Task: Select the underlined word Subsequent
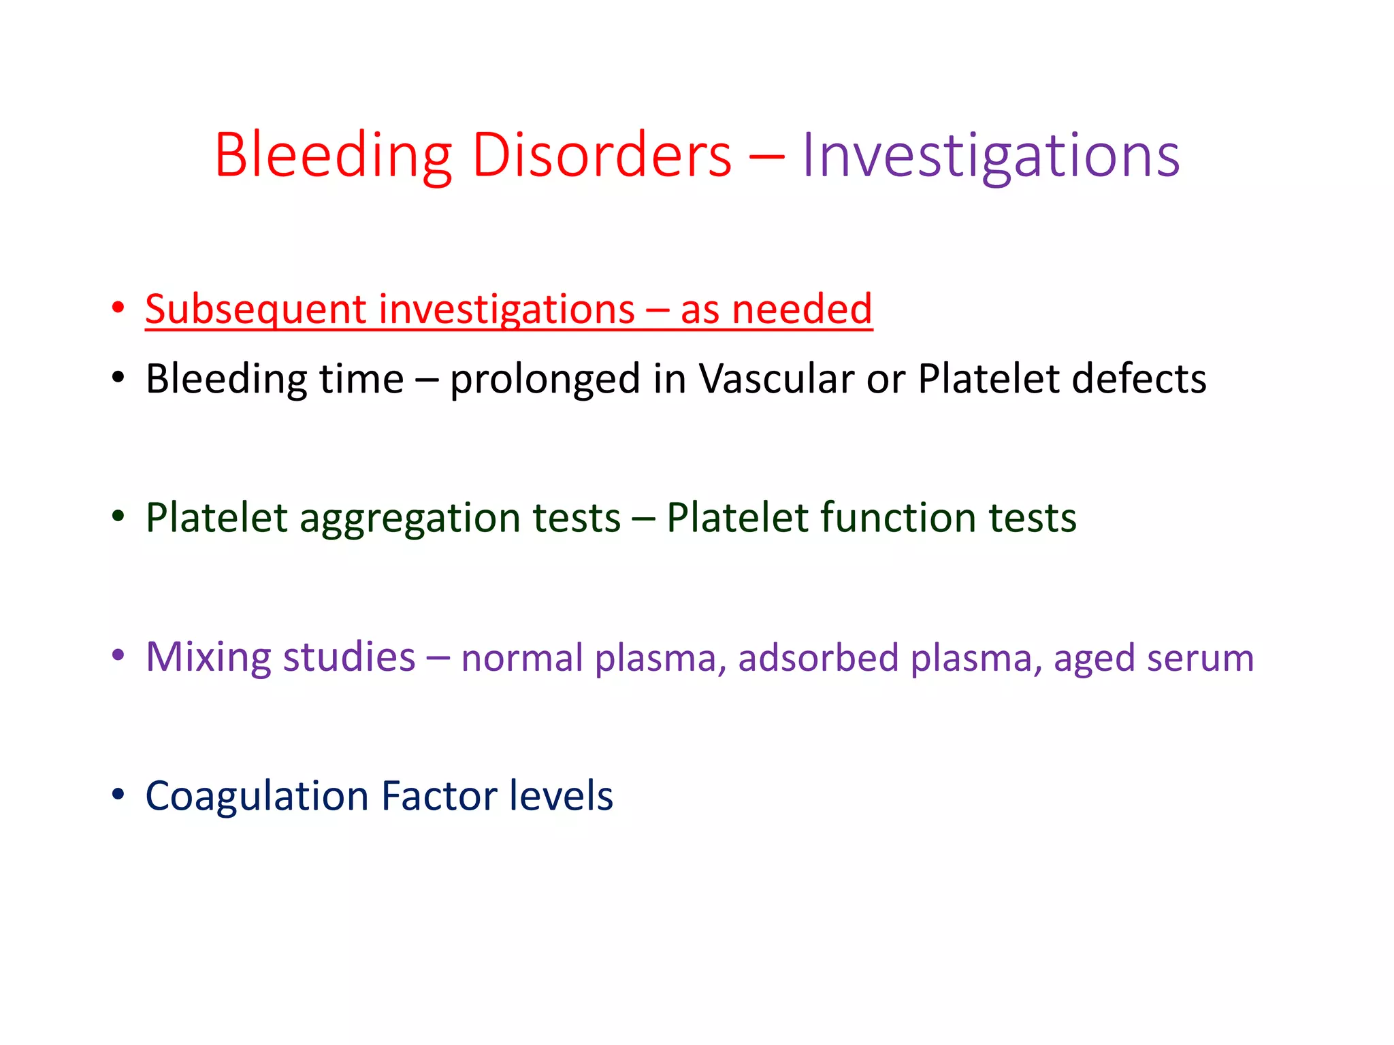[255, 310]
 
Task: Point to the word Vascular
[776, 379]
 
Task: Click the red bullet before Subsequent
[118, 308]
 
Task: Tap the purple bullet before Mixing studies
[118, 656]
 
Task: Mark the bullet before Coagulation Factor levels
[118, 795]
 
